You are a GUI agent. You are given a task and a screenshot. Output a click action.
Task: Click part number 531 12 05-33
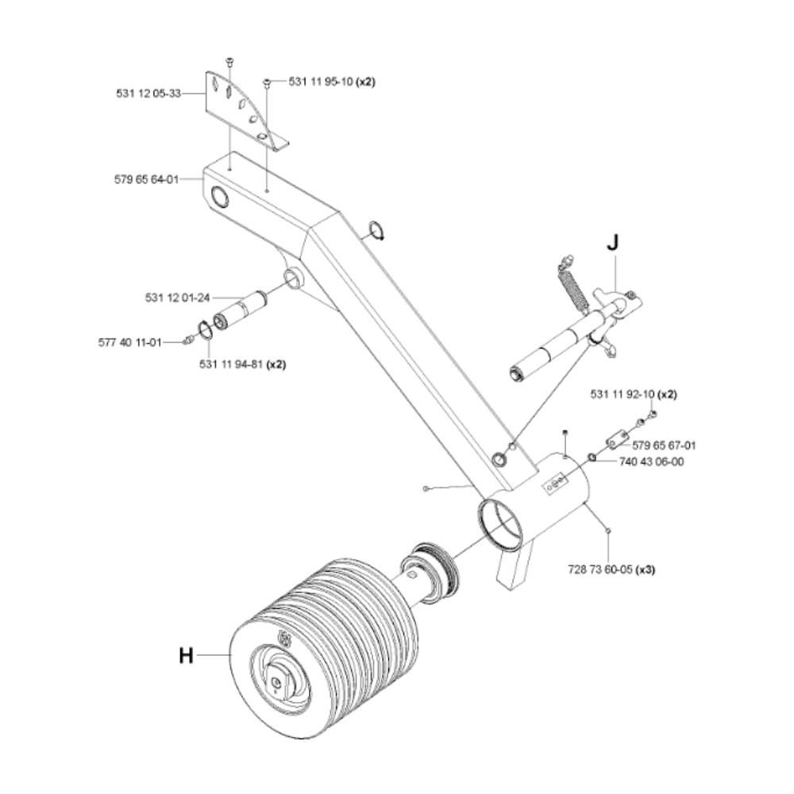(148, 94)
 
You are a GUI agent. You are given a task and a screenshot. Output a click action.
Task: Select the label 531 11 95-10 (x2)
(332, 82)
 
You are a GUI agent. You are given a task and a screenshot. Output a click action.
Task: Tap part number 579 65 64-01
(147, 179)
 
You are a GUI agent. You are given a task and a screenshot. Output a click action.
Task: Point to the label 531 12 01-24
(178, 298)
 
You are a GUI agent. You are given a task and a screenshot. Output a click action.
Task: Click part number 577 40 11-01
(130, 343)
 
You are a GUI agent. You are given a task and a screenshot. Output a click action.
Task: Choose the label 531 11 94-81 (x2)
(242, 364)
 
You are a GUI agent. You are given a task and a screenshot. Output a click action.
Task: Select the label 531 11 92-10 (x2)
(634, 395)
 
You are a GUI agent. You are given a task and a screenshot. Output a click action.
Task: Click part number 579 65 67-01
(665, 445)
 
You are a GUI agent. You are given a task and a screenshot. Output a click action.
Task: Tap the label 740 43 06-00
(652, 462)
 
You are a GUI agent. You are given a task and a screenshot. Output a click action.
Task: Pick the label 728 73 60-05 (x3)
(611, 569)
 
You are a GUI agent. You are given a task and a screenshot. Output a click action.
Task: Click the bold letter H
(187, 656)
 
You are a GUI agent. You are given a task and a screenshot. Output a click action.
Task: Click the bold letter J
(613, 243)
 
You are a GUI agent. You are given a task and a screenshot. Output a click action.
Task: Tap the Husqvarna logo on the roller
(284, 638)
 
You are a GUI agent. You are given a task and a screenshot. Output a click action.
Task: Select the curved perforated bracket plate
(245, 110)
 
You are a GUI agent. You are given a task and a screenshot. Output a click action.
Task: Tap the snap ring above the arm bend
(377, 230)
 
